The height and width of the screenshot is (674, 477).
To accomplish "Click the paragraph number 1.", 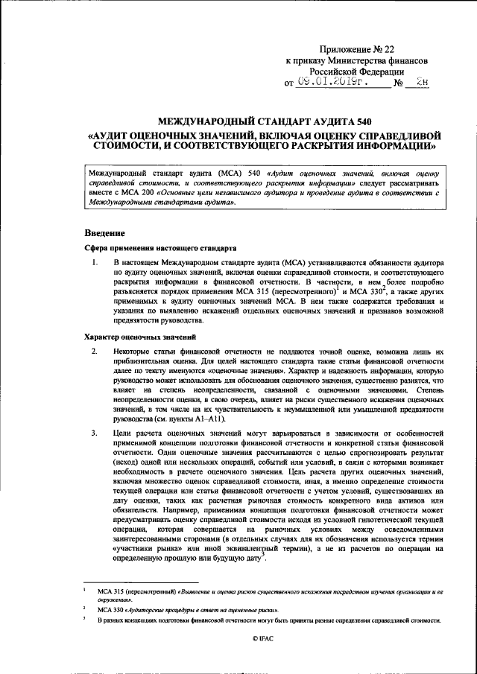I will point(94,264).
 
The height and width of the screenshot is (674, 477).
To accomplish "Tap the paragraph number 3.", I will point(94,433).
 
